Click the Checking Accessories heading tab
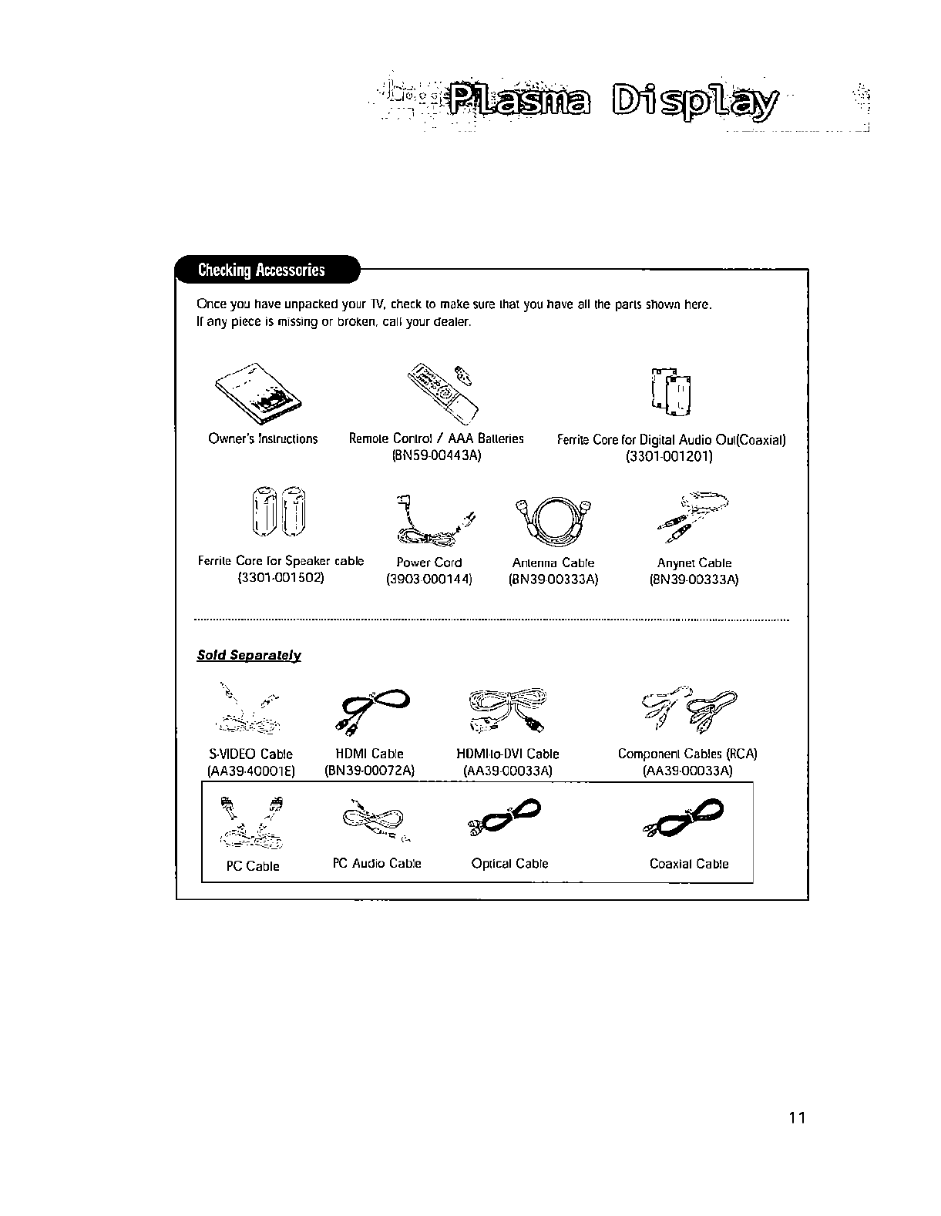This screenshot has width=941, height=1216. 262,270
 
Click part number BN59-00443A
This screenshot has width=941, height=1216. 436,456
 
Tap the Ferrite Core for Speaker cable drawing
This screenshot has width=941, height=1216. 278,511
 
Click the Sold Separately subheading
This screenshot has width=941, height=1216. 249,656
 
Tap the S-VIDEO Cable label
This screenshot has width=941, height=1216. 251,754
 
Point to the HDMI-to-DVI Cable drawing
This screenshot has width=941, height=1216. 509,707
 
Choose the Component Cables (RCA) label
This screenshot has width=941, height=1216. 687,754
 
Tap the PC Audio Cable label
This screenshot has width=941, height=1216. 377,864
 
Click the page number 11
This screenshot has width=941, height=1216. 797,1119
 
